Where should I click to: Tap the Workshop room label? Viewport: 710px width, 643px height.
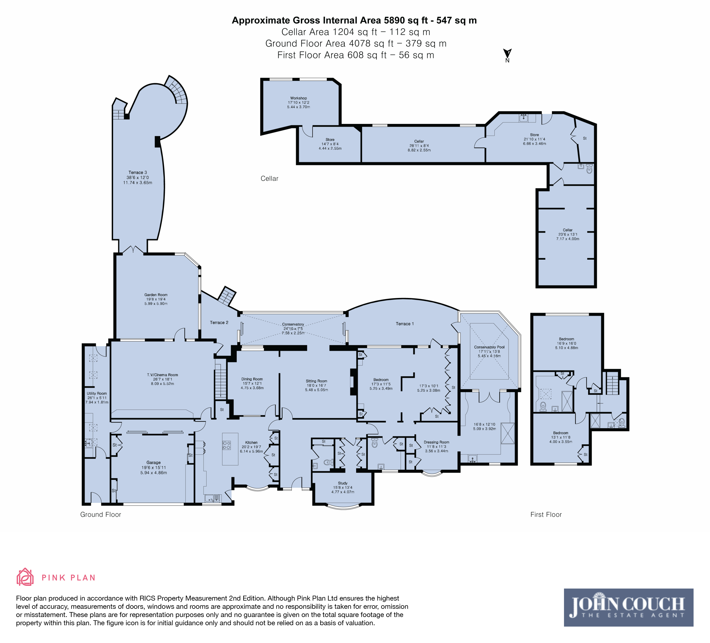point(299,98)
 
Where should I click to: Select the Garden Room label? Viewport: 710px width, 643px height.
point(156,295)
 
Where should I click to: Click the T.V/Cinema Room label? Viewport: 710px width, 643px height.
point(162,375)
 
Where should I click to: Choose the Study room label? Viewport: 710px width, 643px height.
point(343,483)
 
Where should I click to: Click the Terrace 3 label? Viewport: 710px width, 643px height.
point(138,172)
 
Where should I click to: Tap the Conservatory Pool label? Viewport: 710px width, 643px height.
point(489,347)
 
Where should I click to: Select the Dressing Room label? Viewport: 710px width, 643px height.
point(436,442)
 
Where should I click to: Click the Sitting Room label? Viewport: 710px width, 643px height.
point(316,381)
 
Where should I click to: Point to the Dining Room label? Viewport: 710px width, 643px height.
point(252,379)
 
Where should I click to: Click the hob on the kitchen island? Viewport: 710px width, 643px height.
point(227,445)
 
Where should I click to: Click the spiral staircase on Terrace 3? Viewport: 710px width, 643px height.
point(177,90)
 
